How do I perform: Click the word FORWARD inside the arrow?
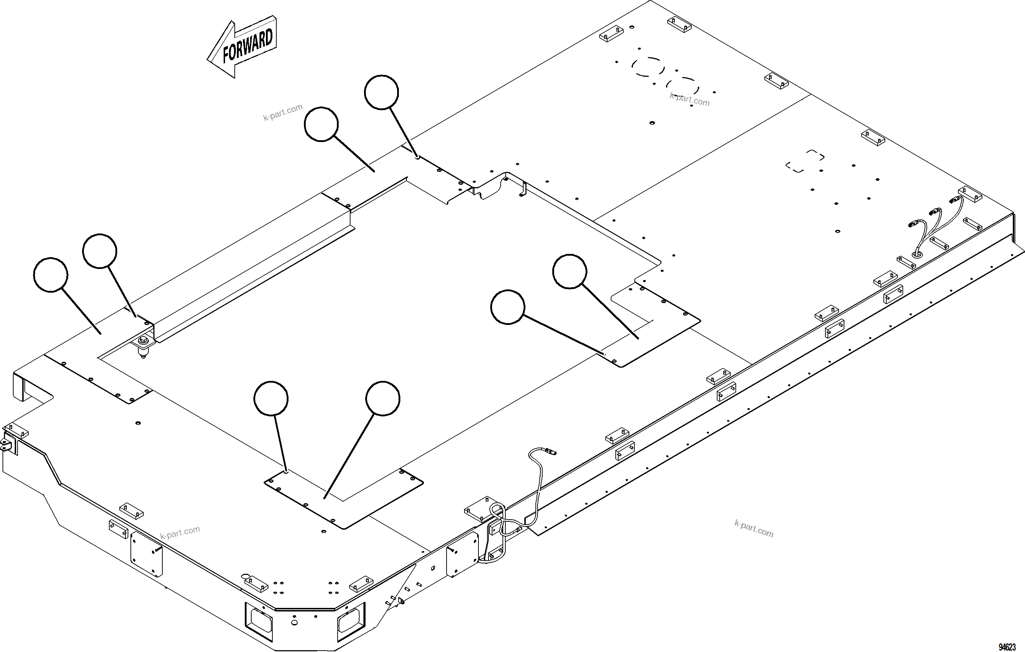[248, 46]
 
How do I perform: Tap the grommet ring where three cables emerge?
[917, 254]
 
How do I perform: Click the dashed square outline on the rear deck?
[805, 161]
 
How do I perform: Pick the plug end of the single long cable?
[551, 452]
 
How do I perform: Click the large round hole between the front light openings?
[294, 623]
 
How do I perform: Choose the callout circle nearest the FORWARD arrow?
[321, 124]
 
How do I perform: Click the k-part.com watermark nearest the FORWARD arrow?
[283, 112]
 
